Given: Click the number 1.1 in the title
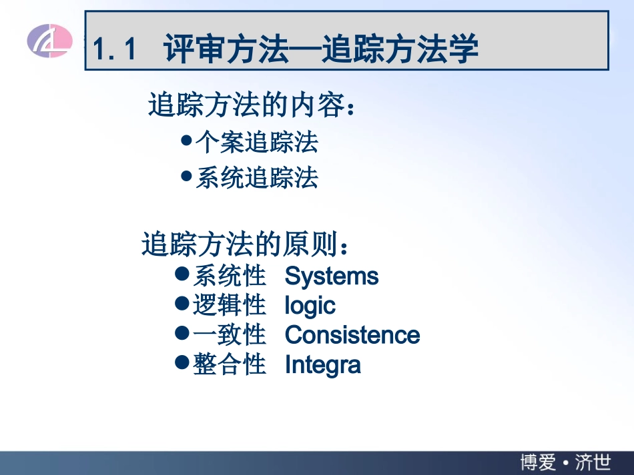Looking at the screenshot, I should (115, 50).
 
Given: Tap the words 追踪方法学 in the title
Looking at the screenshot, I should (400, 50).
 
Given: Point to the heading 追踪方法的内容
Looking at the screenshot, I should (251, 105).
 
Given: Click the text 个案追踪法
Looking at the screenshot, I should (256, 142).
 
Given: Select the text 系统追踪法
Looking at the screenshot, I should (256, 178).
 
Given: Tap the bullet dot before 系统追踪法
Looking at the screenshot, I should (186, 177).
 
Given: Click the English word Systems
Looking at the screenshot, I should (331, 276).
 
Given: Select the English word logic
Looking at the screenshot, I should (310, 306).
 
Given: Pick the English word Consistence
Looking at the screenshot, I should (352, 335).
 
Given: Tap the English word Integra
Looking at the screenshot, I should (322, 364).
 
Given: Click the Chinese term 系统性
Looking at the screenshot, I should (229, 276).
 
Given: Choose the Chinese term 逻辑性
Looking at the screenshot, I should (229, 305).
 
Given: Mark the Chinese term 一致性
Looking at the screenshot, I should (229, 334).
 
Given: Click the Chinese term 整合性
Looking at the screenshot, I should (229, 364).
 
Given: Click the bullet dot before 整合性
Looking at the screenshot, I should (182, 362).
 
